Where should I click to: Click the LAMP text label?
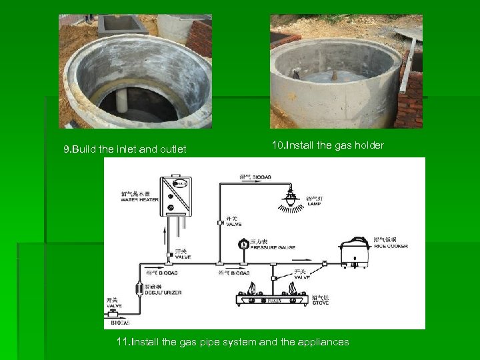click(314, 203)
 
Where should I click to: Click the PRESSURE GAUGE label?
click(273, 247)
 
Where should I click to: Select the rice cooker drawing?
click(355, 251)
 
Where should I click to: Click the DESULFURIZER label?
click(163, 292)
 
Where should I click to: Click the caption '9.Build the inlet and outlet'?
click(125, 149)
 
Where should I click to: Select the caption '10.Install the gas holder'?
click(327, 145)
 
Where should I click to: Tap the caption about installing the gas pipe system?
click(232, 342)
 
